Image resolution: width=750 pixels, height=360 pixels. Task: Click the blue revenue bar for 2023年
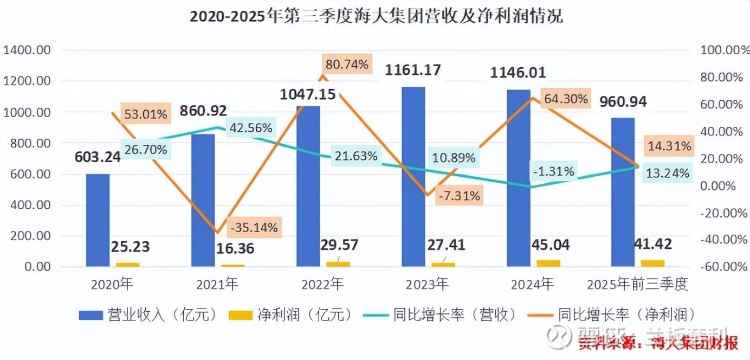click(x=413, y=176)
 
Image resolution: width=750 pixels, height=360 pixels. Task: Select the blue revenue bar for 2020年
click(x=98, y=220)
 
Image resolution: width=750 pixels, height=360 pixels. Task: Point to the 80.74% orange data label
click(x=347, y=65)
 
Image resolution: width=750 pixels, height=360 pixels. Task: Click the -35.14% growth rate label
click(x=253, y=227)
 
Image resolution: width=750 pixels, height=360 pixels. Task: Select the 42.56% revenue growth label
click(x=250, y=128)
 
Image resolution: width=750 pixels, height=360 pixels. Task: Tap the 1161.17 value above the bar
click(x=413, y=70)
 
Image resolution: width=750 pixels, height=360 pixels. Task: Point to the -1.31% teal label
click(x=553, y=172)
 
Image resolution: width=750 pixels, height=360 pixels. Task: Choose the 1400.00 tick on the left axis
click(x=27, y=50)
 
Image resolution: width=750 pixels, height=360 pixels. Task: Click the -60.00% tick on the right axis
click(x=721, y=267)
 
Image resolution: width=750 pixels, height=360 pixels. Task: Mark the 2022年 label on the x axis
click(x=322, y=284)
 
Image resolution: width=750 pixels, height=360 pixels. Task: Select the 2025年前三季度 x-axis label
click(x=638, y=284)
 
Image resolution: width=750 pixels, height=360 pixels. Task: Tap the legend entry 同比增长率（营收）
click(x=444, y=314)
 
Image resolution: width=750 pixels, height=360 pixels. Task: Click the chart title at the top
click(x=376, y=16)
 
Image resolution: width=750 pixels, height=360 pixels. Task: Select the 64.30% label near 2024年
click(x=566, y=99)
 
